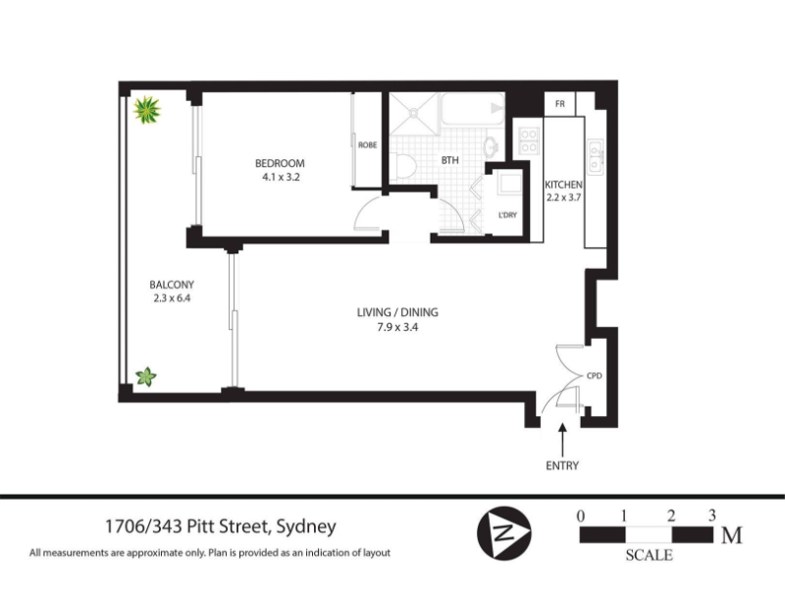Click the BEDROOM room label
pyautogui.click(x=280, y=163)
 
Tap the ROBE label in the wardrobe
pyautogui.click(x=367, y=145)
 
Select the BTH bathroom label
pyautogui.click(x=449, y=160)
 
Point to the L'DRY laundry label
pyautogui.click(x=507, y=215)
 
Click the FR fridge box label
pyautogui.click(x=560, y=104)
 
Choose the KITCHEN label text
pyautogui.click(x=563, y=185)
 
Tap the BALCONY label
pyautogui.click(x=172, y=285)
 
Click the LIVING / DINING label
pyautogui.click(x=397, y=312)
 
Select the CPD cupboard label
pyautogui.click(x=595, y=376)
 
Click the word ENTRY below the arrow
pyautogui.click(x=562, y=465)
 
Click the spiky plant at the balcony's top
pyautogui.click(x=147, y=110)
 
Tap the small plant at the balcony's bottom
pyautogui.click(x=146, y=377)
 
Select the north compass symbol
pyautogui.click(x=504, y=533)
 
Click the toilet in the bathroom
pyautogui.click(x=403, y=166)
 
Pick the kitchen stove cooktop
pyautogui.click(x=529, y=140)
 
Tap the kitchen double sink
pyautogui.click(x=596, y=157)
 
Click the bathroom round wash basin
pyautogui.click(x=492, y=146)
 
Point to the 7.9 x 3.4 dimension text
pyautogui.click(x=397, y=328)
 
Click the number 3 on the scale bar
pyautogui.click(x=712, y=515)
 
